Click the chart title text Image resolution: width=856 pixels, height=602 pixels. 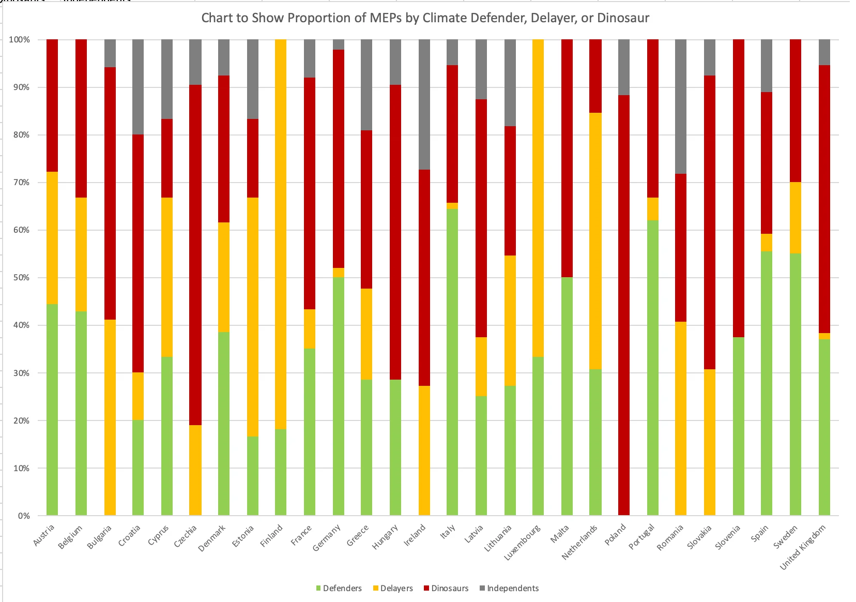[425, 18]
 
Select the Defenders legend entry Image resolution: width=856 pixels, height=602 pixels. [342, 589]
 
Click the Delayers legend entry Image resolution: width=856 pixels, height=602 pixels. [396, 589]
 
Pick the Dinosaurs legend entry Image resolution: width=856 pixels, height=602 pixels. [449, 589]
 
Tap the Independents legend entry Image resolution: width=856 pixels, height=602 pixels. [512, 589]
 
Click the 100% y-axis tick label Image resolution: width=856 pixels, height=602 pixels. [19, 40]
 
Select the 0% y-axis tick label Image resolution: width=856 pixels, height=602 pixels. [23, 516]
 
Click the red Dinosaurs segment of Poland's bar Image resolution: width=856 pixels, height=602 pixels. [624, 305]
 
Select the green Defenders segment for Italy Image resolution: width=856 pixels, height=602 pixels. [452, 362]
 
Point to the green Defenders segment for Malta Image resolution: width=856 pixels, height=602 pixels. [567, 396]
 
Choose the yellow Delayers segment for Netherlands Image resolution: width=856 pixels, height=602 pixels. [595, 241]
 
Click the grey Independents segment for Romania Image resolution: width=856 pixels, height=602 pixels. [681, 107]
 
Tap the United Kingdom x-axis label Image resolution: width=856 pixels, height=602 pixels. [803, 548]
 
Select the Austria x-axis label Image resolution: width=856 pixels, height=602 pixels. [44, 535]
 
